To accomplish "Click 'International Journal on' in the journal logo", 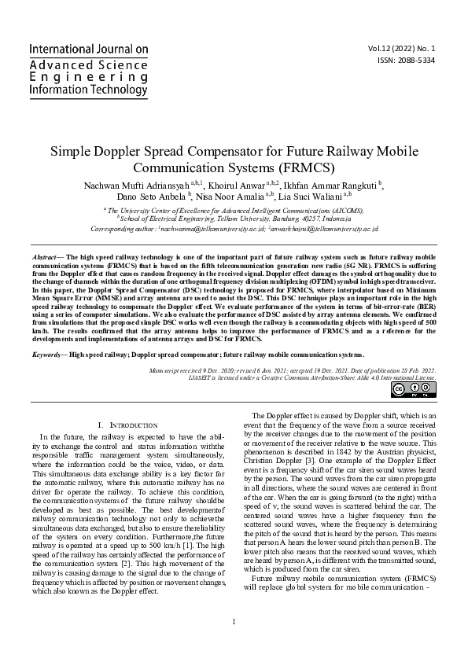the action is click(x=89, y=49).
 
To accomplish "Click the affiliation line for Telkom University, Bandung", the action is click(x=235, y=219).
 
